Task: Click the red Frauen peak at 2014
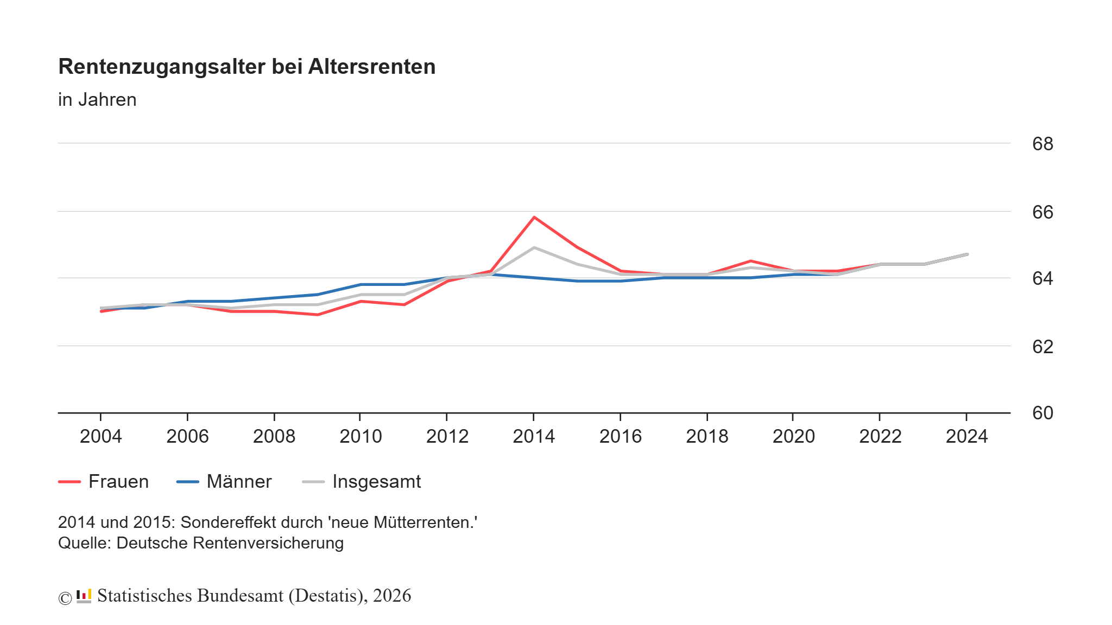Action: [x=534, y=218]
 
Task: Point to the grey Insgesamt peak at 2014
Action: [x=534, y=247]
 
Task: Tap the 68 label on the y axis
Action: [x=1042, y=144]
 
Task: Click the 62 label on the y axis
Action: [x=1042, y=347]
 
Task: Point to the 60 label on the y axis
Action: [x=1042, y=413]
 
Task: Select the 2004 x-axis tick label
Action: [x=100, y=436]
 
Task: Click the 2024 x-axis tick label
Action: [x=966, y=436]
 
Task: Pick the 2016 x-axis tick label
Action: [x=620, y=436]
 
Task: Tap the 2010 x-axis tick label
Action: [x=361, y=436]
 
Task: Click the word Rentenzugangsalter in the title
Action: [x=162, y=67]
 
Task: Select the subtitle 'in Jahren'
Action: [x=97, y=100]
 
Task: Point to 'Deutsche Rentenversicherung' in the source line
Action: [x=230, y=543]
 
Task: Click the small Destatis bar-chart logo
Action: [x=84, y=596]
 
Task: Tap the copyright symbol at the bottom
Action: [x=65, y=598]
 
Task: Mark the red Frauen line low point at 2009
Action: [x=318, y=315]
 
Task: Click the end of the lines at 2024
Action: [x=966, y=254]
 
